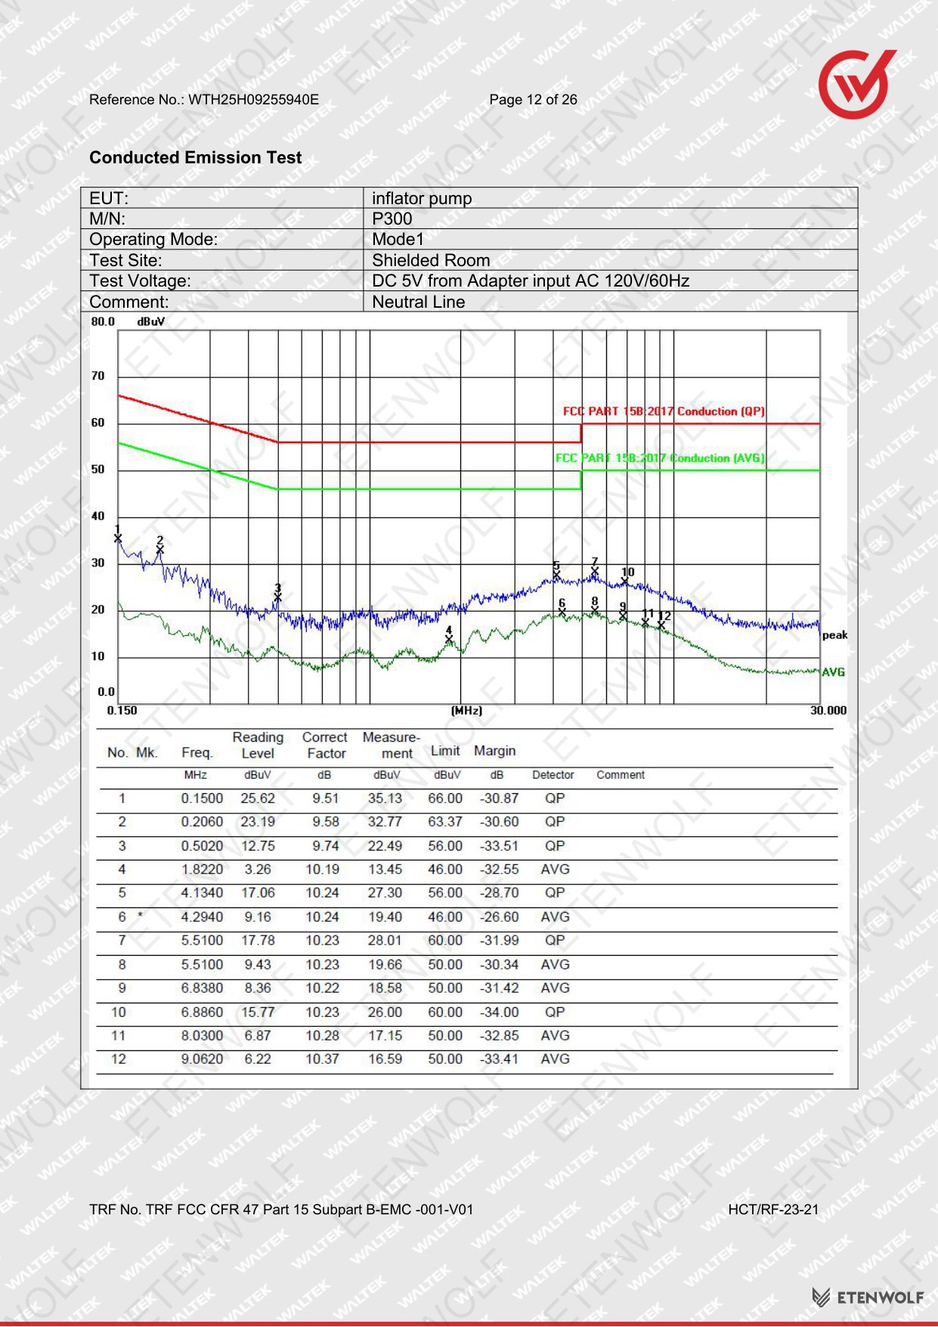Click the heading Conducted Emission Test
pos(195,157)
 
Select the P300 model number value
pos(392,219)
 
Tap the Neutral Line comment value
pos(418,302)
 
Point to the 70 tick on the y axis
pos(98,376)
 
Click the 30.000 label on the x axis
pos(828,710)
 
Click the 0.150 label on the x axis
pos(122,710)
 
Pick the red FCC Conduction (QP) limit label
pos(664,411)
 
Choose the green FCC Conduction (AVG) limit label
pos(660,458)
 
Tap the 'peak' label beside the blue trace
pos(834,635)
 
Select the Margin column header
pos(495,751)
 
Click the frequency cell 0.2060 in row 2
pos(202,822)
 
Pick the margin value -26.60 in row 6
pos(500,917)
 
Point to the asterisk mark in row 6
pos(140,916)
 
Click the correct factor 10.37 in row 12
pos(323,1059)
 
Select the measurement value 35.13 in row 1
pos(385,798)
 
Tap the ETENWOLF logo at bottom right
pos(868,1298)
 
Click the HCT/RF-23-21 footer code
pos(773,1210)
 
